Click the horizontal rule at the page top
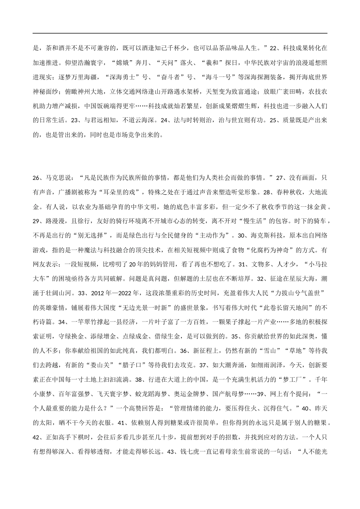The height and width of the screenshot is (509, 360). point(180,33)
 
